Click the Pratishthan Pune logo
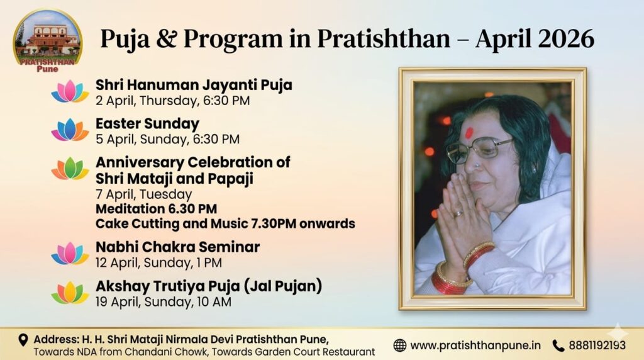coord(48,41)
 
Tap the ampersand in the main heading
coord(166,38)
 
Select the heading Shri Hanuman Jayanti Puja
coord(194,85)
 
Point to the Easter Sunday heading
coord(147,123)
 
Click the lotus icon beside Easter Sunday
coord(70,130)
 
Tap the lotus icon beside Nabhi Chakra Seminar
coord(70,253)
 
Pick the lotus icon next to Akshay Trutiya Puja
coord(70,292)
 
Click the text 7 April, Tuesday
coord(144,194)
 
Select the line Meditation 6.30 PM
coord(156,209)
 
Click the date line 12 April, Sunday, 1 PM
coord(158,263)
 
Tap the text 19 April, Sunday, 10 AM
coord(164,302)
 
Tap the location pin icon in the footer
coord(23,340)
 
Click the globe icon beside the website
coord(399,345)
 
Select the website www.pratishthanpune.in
coord(475,346)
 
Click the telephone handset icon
coord(558,346)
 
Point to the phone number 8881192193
coord(597,345)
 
